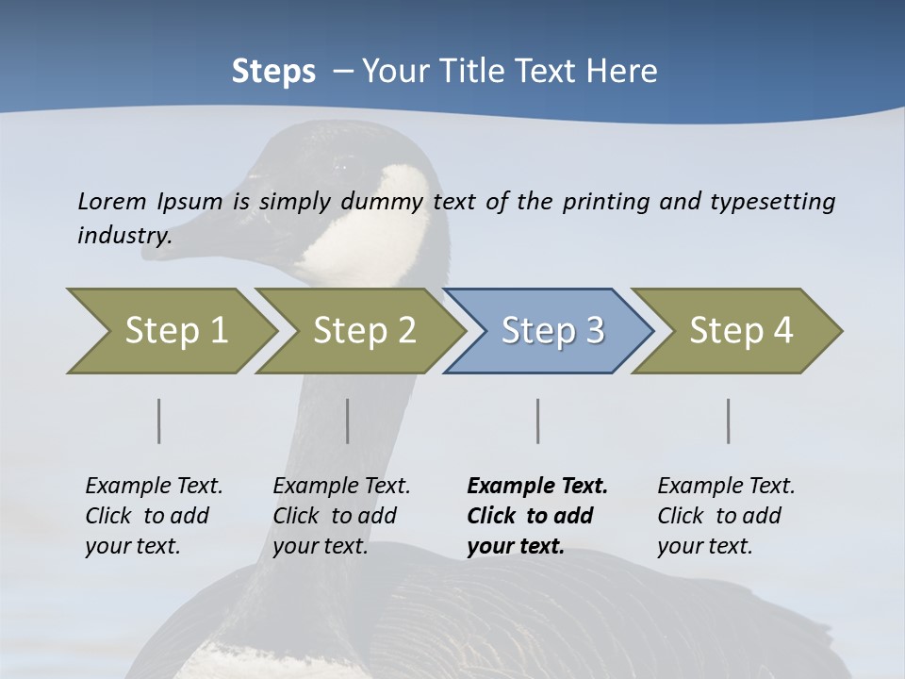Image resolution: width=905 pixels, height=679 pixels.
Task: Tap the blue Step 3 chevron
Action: click(549, 331)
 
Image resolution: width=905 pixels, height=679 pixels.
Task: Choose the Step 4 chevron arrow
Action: click(737, 331)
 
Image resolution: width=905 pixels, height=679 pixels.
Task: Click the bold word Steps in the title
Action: click(273, 71)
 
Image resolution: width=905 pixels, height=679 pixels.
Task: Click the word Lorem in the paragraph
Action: click(111, 201)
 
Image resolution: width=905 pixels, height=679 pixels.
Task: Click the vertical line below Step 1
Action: click(158, 421)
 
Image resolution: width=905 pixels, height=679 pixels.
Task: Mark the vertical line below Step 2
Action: click(348, 421)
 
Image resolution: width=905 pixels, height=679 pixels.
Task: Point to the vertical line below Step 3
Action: click(537, 421)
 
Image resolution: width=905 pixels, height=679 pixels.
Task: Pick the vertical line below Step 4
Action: click(728, 421)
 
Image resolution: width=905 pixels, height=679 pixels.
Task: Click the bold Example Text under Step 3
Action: click(537, 516)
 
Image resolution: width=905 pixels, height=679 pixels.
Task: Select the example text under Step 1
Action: click(154, 516)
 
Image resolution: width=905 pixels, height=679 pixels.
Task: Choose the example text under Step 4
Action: click(726, 516)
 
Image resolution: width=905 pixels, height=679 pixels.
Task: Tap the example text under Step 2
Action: click(341, 516)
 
